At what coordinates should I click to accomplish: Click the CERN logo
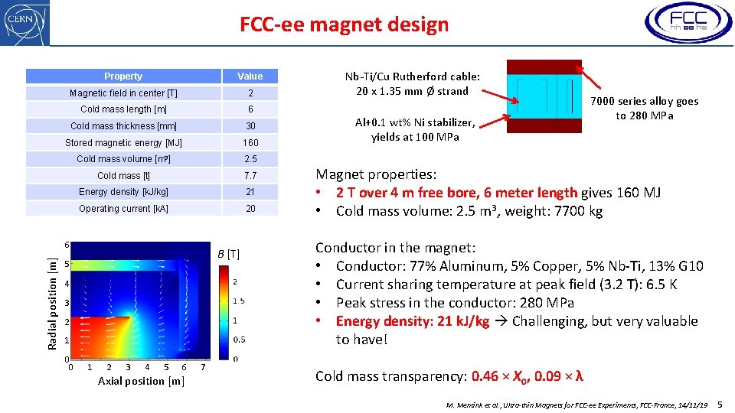pos(25,23)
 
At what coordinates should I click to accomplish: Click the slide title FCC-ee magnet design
pos(345,24)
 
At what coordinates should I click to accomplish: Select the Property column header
pos(123,76)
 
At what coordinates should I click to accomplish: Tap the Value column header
pos(250,76)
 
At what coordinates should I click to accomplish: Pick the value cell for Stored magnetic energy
pos(250,143)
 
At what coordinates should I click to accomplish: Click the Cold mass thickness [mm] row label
pos(123,126)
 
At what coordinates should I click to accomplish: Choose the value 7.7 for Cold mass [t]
pos(250,176)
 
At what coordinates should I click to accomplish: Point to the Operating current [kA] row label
pos(123,209)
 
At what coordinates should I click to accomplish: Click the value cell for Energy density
pos(250,192)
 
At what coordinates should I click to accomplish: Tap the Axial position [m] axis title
pos(141,381)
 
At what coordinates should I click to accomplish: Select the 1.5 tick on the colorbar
pos(239,301)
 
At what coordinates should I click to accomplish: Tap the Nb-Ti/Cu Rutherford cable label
pos(412,83)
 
